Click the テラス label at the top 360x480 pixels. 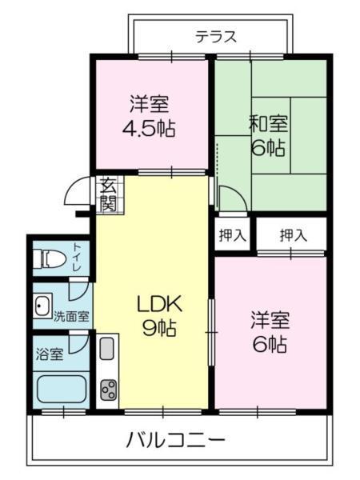pyautogui.click(x=216, y=36)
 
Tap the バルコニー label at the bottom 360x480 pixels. pyautogui.click(x=175, y=440)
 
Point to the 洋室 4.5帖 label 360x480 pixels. pyautogui.click(x=149, y=115)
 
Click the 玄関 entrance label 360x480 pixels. pyautogui.click(x=107, y=195)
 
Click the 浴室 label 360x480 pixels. pyautogui.click(x=50, y=353)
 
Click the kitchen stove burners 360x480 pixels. pyautogui.click(x=108, y=391)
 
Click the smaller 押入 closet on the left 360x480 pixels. pyautogui.click(x=232, y=235)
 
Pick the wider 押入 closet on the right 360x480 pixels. pyautogui.click(x=293, y=235)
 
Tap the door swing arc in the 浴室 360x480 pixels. pyautogui.click(x=77, y=342)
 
